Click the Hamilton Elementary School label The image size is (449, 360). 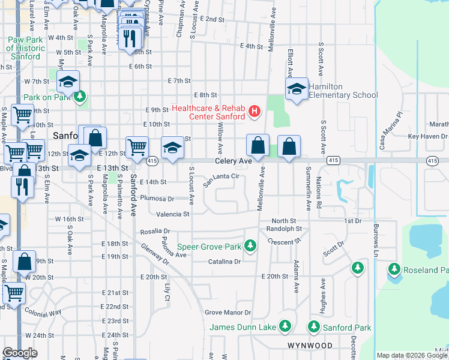pyautogui.click(x=343, y=91)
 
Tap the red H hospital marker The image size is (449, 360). pyautogui.click(x=255, y=110)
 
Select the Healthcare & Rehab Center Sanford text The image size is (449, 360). pyautogui.click(x=208, y=112)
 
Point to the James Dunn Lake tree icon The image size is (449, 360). pyautogui.click(x=286, y=327)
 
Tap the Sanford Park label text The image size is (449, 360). pyautogui.click(x=348, y=328)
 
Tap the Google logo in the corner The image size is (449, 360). pyautogui.click(x=20, y=353)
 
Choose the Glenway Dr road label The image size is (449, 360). pyautogui.click(x=155, y=253)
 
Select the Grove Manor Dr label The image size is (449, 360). pyautogui.click(x=228, y=313)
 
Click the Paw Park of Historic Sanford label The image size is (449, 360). pyautogui.click(x=25, y=48)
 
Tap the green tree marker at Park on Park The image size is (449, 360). pyautogui.click(x=80, y=96)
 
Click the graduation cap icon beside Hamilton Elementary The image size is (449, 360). pyautogui.click(x=296, y=91)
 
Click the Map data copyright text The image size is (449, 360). pyautogui.click(x=412, y=355)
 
